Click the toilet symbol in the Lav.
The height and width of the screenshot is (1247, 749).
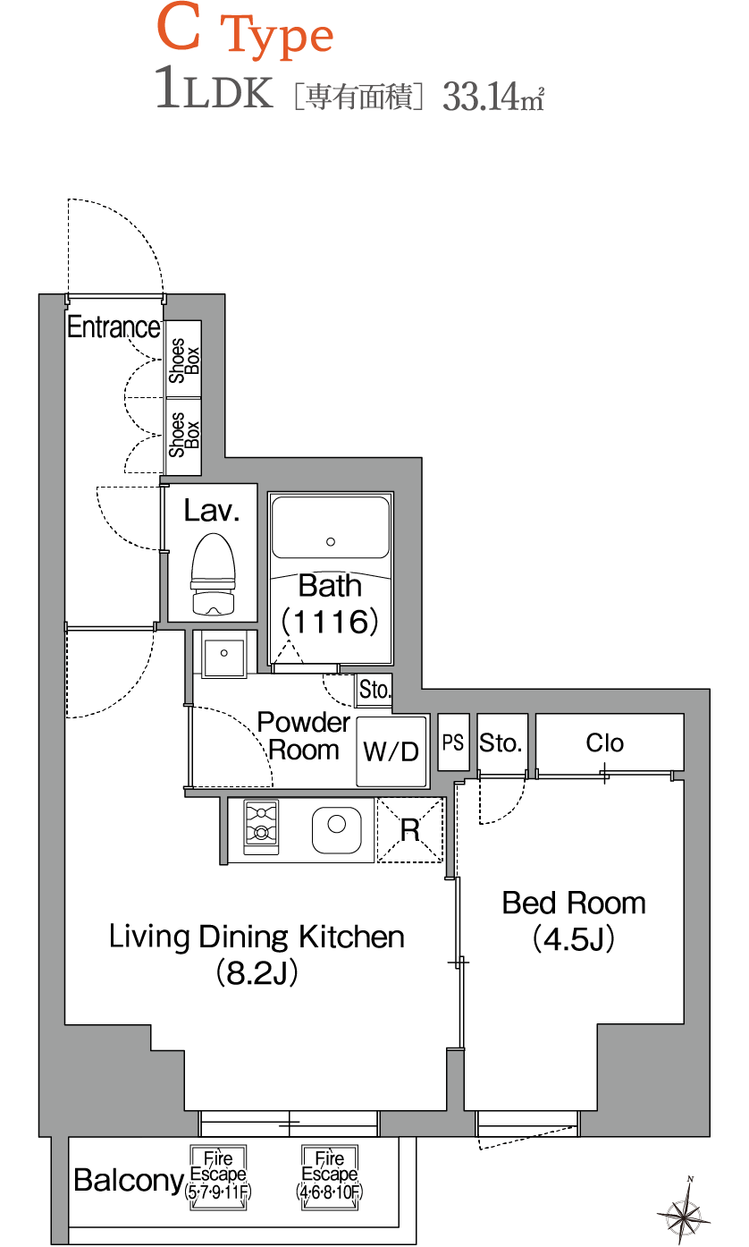(213, 574)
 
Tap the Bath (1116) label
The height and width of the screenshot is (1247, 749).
(331, 604)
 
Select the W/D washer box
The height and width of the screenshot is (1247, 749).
(391, 751)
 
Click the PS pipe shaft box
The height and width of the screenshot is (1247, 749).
(453, 742)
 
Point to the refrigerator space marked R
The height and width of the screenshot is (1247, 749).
(410, 830)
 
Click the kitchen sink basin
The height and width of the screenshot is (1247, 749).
(336, 830)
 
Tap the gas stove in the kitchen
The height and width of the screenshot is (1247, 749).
(261, 827)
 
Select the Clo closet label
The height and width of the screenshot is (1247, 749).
(604, 742)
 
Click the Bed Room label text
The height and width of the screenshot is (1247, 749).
(574, 903)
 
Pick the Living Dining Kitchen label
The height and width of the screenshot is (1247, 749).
(257, 937)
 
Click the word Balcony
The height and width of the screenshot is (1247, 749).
(129, 1180)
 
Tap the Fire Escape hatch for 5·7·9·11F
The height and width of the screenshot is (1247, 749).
(218, 1177)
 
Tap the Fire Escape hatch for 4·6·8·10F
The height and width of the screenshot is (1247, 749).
(329, 1177)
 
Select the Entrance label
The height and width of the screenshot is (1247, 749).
(114, 327)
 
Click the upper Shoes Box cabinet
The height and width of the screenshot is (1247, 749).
(184, 359)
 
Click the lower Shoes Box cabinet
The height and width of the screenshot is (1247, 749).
(184, 437)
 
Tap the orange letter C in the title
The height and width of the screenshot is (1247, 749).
(179, 27)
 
